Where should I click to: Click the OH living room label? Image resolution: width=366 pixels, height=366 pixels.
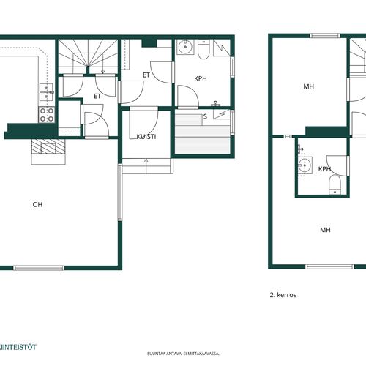37,204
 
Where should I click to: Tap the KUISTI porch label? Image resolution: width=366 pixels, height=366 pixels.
146,137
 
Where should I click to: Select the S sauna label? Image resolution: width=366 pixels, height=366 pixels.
205,116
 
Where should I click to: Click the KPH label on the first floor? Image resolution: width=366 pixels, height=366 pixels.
201,78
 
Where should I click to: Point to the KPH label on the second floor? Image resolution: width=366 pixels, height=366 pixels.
324,169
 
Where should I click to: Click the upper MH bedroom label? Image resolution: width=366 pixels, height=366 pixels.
309,86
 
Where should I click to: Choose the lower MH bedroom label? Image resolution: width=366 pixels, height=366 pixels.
325,230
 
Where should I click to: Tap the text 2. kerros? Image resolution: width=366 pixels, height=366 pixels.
283,295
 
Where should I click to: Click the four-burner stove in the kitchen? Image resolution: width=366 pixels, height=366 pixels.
47,115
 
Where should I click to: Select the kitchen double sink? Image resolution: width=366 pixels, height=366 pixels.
46,92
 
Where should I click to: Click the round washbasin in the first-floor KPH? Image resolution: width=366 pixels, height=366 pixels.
185,47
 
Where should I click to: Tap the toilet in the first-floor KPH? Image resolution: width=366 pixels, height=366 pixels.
203,50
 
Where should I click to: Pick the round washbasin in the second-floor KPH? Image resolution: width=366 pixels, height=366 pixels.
305,165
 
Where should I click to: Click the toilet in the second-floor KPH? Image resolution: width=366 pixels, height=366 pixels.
335,185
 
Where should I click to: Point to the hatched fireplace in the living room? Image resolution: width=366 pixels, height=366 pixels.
48,146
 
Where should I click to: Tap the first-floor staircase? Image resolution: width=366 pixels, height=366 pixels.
88,56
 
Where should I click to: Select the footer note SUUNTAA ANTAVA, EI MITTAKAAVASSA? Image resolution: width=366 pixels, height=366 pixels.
183,354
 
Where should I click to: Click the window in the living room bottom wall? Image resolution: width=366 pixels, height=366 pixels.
39,268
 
